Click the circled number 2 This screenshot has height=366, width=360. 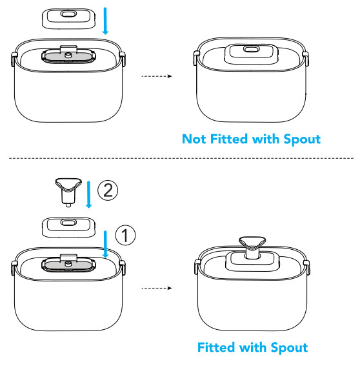tap(108, 190)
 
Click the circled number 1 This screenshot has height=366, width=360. tap(125, 235)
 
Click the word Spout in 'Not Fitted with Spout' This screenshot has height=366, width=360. tap(302, 139)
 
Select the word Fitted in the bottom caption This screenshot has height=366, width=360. tap(216, 347)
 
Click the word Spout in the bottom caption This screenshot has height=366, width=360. tap(289, 348)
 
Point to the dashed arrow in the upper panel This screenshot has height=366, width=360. tap(157, 76)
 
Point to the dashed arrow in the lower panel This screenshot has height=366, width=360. tap(157, 288)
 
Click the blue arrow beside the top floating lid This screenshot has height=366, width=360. tap(105, 21)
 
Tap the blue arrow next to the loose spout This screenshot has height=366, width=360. tap(88, 194)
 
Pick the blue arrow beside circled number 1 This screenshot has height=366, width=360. tap(105, 244)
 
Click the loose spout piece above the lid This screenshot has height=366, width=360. tap(68, 192)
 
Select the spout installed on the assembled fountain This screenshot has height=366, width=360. tap(252, 247)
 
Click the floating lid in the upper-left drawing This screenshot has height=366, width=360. tap(68, 19)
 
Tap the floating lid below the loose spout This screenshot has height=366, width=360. tap(68, 227)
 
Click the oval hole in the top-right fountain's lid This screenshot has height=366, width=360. tap(251, 49)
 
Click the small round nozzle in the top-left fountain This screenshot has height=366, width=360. tap(68, 55)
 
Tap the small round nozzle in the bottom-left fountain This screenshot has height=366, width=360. tap(68, 264)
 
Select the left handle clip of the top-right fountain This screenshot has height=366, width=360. tap(196, 58)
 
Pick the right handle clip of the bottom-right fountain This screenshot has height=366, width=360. tap(306, 267)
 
